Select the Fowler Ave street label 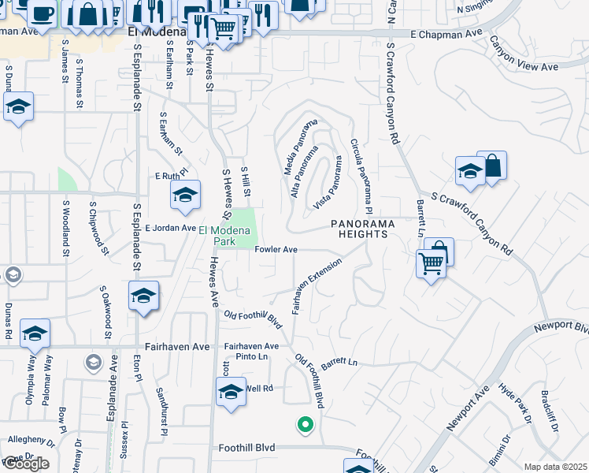click(276, 249)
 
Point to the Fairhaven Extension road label click(317, 285)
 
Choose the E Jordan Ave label click(169, 228)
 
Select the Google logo click(26, 464)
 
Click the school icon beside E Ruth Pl click(185, 196)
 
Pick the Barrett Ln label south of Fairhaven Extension click(339, 363)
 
